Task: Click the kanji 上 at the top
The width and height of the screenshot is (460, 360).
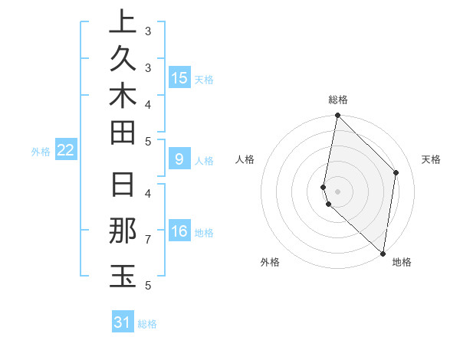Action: click(123, 23)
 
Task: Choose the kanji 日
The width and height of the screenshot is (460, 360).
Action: click(123, 185)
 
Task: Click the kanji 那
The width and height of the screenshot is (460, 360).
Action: click(123, 231)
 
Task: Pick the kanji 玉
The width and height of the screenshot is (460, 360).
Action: click(123, 275)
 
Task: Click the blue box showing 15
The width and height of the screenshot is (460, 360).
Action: click(179, 77)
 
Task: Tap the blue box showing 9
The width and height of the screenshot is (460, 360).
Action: click(179, 159)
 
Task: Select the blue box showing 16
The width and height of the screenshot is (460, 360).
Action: click(179, 231)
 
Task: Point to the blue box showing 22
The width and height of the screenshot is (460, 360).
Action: click(66, 150)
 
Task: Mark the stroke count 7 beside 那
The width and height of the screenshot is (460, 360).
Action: click(147, 240)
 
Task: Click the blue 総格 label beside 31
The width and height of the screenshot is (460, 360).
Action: click(147, 324)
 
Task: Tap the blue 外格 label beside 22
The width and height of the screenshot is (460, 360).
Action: click(41, 152)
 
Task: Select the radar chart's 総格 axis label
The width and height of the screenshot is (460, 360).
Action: click(338, 100)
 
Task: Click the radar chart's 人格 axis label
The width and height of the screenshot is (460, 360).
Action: click(245, 159)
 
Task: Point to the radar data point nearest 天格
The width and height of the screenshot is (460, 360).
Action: click(396, 172)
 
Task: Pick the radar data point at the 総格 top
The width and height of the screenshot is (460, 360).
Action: click(337, 116)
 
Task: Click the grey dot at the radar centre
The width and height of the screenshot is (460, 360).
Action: click(337, 191)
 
